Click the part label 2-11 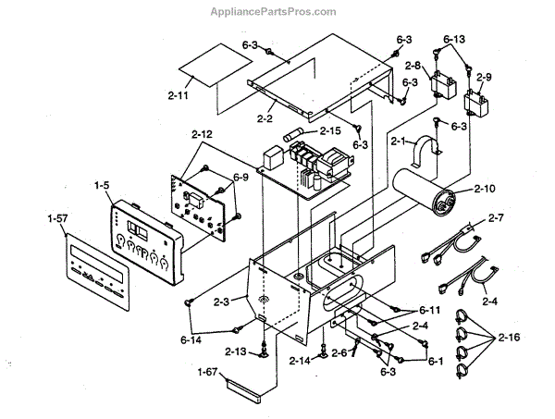[181, 95]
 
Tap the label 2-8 [413, 67]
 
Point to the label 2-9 [486, 77]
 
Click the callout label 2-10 [485, 189]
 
